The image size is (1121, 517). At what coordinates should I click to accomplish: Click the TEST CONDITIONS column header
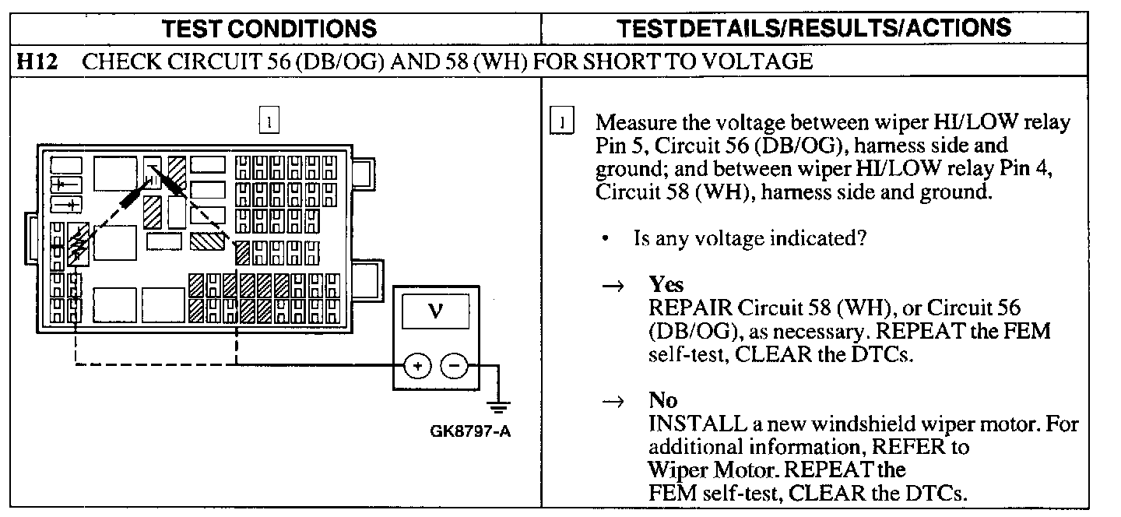pos(269,29)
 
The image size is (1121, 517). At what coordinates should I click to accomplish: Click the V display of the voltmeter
pos(434,314)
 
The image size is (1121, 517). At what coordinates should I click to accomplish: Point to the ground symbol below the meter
pos(498,406)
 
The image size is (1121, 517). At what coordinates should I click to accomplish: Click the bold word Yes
pos(666,285)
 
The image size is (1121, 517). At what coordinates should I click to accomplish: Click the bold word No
pos(662,400)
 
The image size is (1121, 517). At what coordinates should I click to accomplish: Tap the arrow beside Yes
pos(612,286)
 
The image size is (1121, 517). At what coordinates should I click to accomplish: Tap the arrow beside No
pos(612,401)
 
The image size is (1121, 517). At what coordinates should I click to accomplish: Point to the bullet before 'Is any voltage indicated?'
pos(605,240)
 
